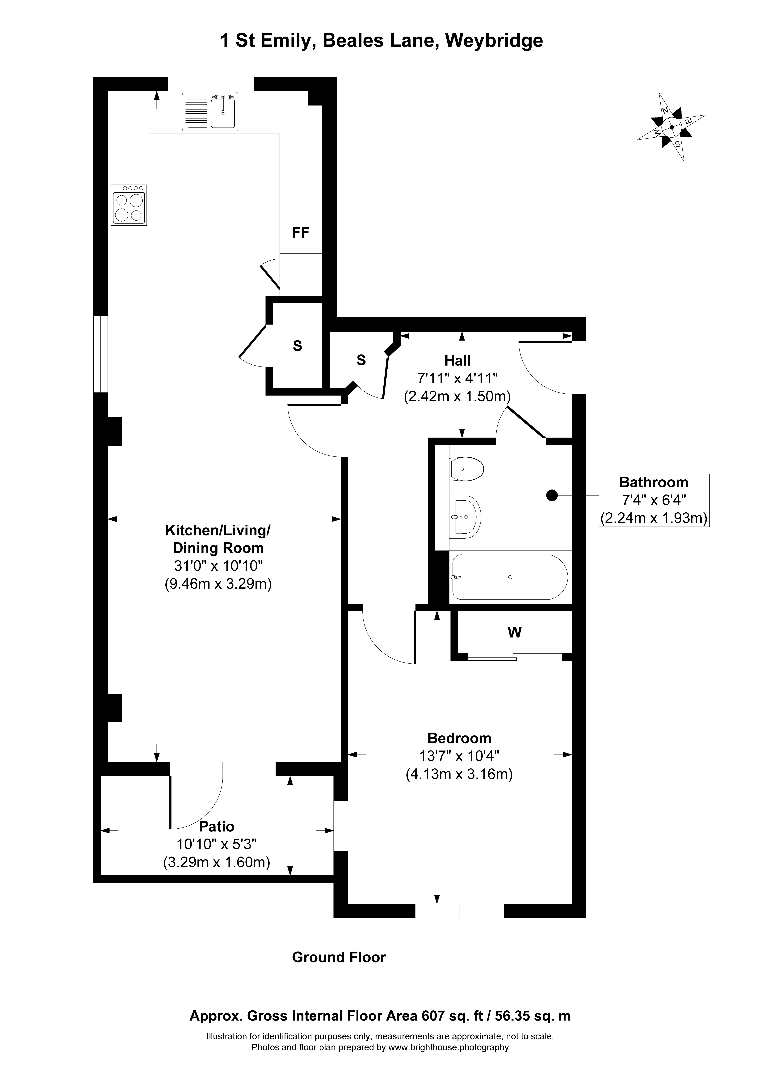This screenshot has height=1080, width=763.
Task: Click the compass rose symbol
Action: click(x=672, y=127)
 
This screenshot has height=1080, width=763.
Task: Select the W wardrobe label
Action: click(x=515, y=633)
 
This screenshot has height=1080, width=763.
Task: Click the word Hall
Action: click(x=458, y=361)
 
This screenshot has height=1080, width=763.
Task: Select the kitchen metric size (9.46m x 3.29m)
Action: click(x=218, y=584)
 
